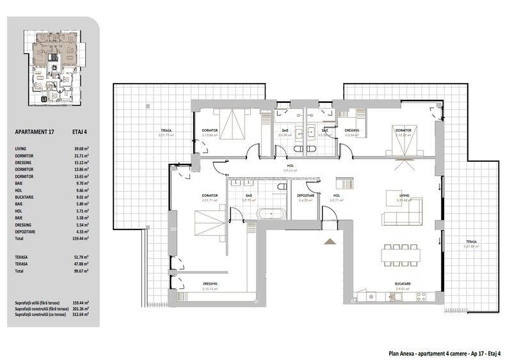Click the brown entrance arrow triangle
tap(330, 240)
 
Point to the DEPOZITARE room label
tap(305, 196)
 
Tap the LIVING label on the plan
tap(403, 196)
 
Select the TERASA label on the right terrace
tap(472, 241)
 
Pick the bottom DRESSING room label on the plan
tap(210, 284)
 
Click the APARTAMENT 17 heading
tap(36, 133)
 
